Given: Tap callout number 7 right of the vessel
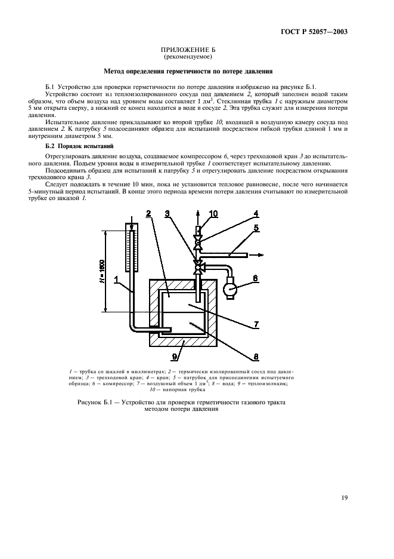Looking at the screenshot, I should click(255, 324).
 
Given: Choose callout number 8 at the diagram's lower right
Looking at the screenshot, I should click(255, 357).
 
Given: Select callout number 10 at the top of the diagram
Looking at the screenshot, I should click(213, 214).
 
